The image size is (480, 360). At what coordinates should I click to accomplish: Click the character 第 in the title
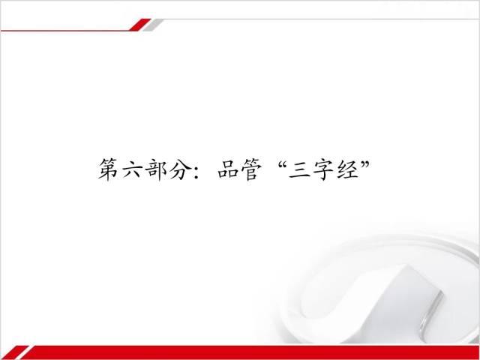[108, 169]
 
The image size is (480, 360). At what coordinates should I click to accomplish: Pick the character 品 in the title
[228, 169]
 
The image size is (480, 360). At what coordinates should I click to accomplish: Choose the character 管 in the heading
[252, 169]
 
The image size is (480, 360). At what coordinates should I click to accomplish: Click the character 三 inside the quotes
[299, 170]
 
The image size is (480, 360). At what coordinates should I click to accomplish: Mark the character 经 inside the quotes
[347, 169]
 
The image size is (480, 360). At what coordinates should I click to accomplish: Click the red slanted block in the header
[140, 25]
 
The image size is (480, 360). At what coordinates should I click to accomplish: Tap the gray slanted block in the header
[153, 25]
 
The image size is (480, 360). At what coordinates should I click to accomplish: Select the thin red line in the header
[65, 31]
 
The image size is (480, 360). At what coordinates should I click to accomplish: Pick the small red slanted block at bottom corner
[13, 352]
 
